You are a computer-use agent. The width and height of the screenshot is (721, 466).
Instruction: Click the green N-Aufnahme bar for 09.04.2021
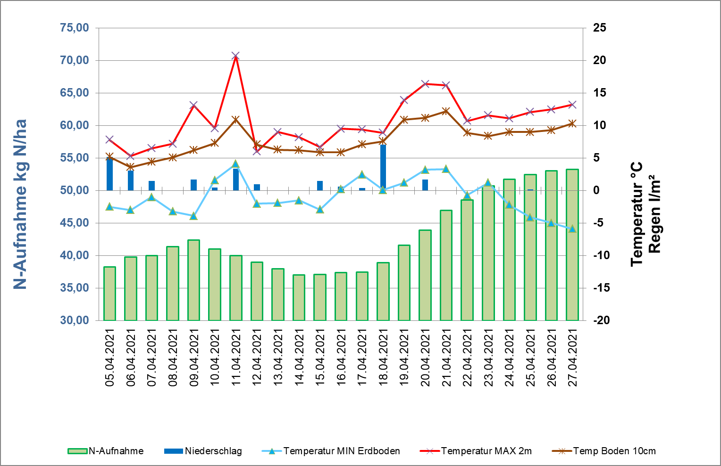click(x=193, y=280)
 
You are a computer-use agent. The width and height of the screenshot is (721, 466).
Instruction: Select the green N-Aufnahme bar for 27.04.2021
click(x=572, y=245)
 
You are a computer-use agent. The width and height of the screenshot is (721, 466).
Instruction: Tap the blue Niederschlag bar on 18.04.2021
click(x=383, y=167)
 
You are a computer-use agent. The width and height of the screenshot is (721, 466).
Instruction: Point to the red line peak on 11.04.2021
click(x=236, y=56)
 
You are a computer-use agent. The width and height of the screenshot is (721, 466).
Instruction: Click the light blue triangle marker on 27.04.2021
click(x=572, y=229)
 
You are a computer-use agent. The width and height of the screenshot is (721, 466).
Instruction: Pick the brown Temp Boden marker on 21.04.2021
click(x=446, y=112)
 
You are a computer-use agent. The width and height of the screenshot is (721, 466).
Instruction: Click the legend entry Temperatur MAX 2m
click(x=486, y=451)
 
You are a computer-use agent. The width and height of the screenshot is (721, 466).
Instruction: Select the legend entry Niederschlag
click(x=213, y=451)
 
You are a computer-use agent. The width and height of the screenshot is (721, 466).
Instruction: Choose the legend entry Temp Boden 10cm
click(x=614, y=451)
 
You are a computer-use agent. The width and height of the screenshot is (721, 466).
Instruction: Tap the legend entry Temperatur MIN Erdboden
click(x=341, y=451)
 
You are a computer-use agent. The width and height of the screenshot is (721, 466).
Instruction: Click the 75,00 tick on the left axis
click(x=75, y=28)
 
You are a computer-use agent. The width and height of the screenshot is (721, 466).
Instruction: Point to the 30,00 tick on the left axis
click(x=75, y=320)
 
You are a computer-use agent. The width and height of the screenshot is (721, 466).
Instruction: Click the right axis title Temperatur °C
click(x=637, y=214)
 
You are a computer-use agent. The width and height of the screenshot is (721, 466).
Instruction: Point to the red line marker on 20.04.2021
click(x=425, y=84)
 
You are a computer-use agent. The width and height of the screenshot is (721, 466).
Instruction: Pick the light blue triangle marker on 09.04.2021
click(x=193, y=216)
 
